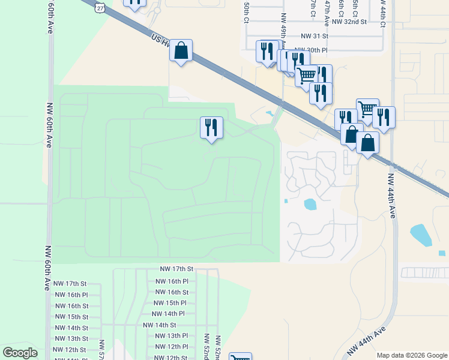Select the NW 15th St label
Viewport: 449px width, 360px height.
point(71,317)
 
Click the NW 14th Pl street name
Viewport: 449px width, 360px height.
point(169,314)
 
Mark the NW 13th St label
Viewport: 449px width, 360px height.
point(71,339)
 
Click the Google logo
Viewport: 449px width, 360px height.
point(20,353)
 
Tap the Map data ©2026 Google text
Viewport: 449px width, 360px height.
point(411,355)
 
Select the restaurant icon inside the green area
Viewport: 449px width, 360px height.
point(211,127)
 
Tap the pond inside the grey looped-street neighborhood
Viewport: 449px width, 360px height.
point(310,204)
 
